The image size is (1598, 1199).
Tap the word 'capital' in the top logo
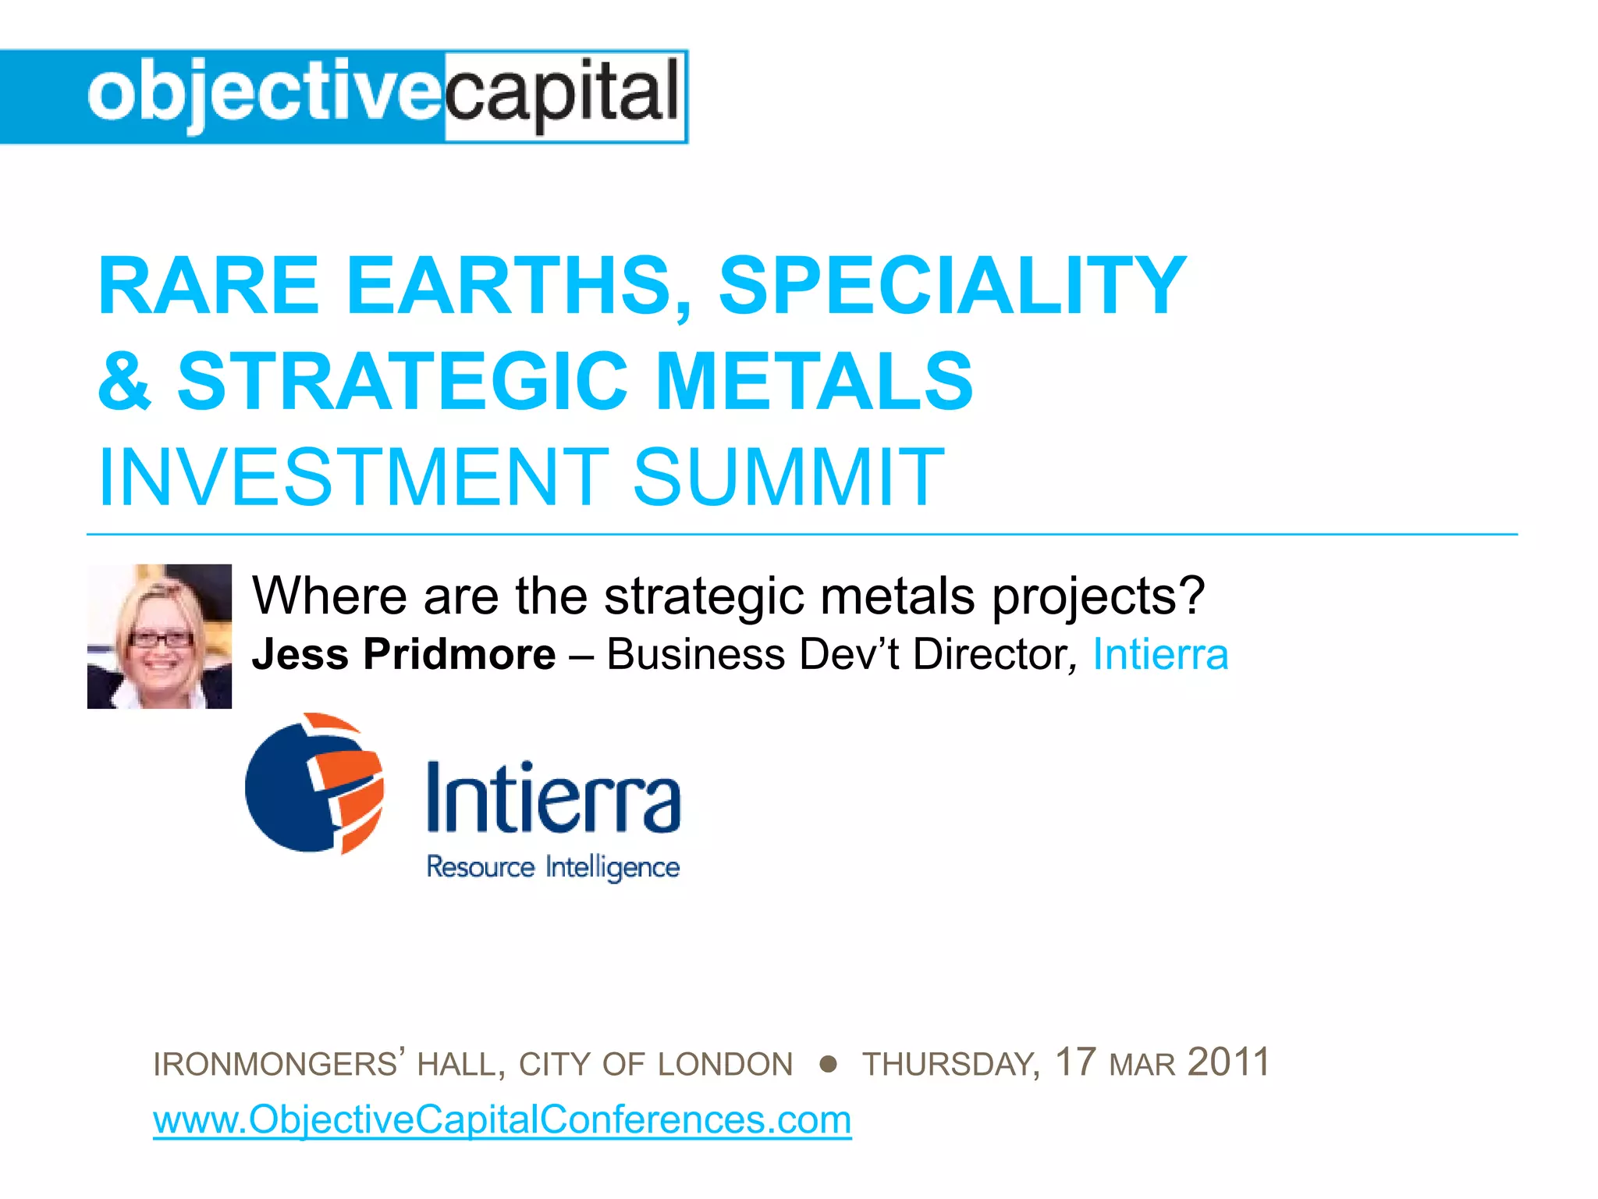coord(563,95)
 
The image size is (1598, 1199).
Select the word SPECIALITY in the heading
coord(952,286)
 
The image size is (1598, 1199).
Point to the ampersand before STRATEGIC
coord(125,381)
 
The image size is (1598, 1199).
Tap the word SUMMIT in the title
coord(788,476)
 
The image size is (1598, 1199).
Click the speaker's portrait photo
coord(159,636)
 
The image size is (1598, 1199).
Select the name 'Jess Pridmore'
coord(403,654)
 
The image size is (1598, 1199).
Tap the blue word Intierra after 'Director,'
coord(1160,654)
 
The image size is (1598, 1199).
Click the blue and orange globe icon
coord(314,783)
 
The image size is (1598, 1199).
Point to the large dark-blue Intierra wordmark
coord(553,799)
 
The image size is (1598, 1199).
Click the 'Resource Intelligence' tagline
coord(552,867)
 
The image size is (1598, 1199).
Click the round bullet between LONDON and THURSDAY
coord(829,1064)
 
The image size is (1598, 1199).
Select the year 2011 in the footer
coord(1228,1062)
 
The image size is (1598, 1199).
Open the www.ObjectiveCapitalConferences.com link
coord(502,1120)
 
